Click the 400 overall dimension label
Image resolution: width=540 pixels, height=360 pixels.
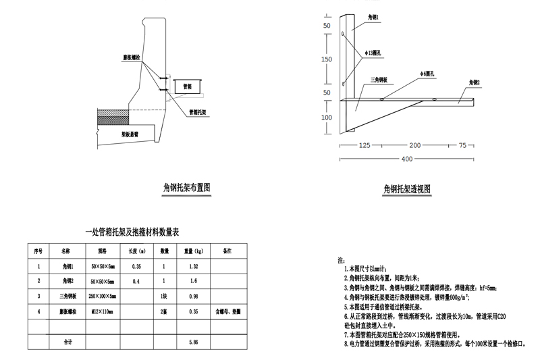point(406,159)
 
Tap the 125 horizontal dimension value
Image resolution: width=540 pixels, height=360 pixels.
point(365,145)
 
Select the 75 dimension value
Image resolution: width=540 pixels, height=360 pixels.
point(462,145)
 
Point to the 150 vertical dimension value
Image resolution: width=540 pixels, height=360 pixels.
point(327,59)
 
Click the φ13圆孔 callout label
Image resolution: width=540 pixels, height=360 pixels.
point(375,51)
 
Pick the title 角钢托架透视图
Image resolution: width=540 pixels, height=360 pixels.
point(407,188)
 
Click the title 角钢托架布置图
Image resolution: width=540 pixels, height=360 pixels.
point(188,186)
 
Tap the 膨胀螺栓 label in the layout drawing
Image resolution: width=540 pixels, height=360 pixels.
point(132,58)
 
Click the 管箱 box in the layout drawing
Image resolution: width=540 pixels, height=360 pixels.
point(187,86)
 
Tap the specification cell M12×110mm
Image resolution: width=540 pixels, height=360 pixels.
point(102,312)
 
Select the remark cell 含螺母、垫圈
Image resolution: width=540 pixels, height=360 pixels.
point(228,312)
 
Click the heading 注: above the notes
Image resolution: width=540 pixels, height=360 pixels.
point(340,259)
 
